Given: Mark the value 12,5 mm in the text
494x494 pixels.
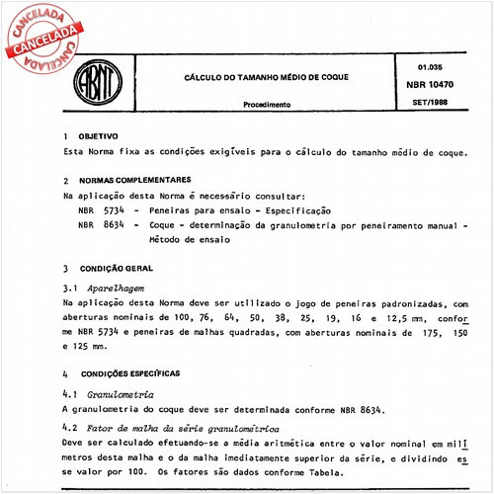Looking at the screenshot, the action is point(384,319).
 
